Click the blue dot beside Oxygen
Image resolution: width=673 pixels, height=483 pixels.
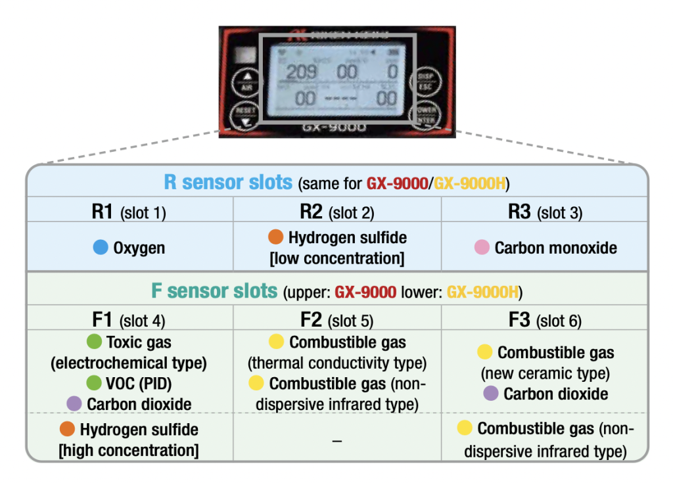(101, 248)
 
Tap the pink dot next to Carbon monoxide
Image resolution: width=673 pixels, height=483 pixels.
(482, 248)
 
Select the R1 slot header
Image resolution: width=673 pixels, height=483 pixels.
(129, 212)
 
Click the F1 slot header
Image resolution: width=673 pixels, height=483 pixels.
(129, 320)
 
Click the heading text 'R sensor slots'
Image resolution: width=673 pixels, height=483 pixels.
(228, 182)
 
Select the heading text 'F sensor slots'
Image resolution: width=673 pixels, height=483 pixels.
(215, 290)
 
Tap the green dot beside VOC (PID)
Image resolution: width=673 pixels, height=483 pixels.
(94, 383)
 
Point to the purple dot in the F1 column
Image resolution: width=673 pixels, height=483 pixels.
(74, 403)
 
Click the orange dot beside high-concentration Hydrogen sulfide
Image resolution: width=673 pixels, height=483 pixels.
(67, 430)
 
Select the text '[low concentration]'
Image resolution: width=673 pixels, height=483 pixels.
(336, 258)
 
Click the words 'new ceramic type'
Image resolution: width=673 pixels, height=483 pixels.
(545, 373)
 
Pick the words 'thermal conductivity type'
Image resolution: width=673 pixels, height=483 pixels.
(336, 363)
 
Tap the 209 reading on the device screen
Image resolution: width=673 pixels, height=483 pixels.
(302, 72)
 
